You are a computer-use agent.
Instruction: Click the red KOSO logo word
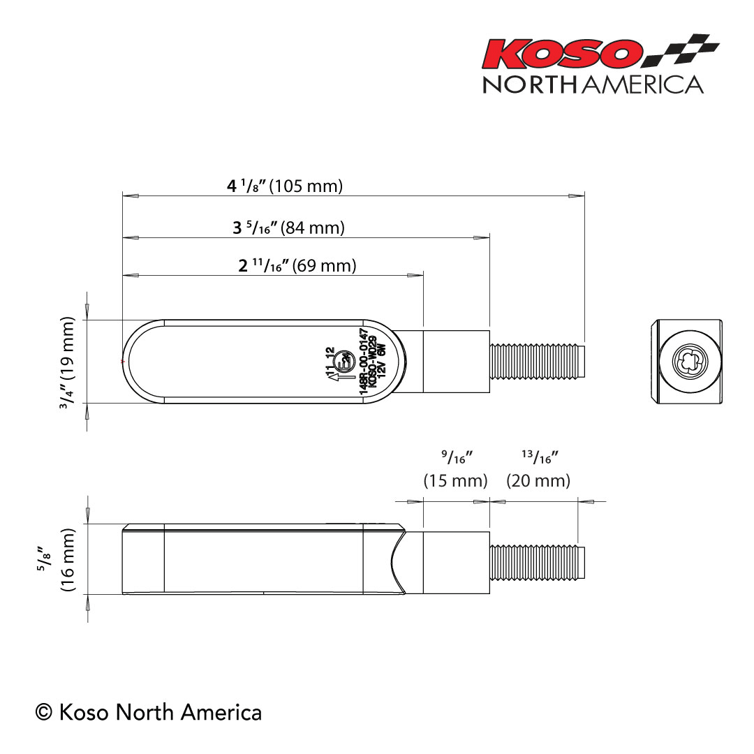pos(563,53)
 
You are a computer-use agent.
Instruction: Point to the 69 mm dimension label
pos(297,266)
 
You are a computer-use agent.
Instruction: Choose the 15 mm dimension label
pos(455,481)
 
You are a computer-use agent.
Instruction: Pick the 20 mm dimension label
pos(538,481)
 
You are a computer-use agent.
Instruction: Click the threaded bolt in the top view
pos(537,361)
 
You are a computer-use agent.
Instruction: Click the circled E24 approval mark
pos(343,361)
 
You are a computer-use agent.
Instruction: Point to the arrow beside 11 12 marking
pos(332,377)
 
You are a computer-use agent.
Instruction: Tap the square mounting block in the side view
pos(456,561)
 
